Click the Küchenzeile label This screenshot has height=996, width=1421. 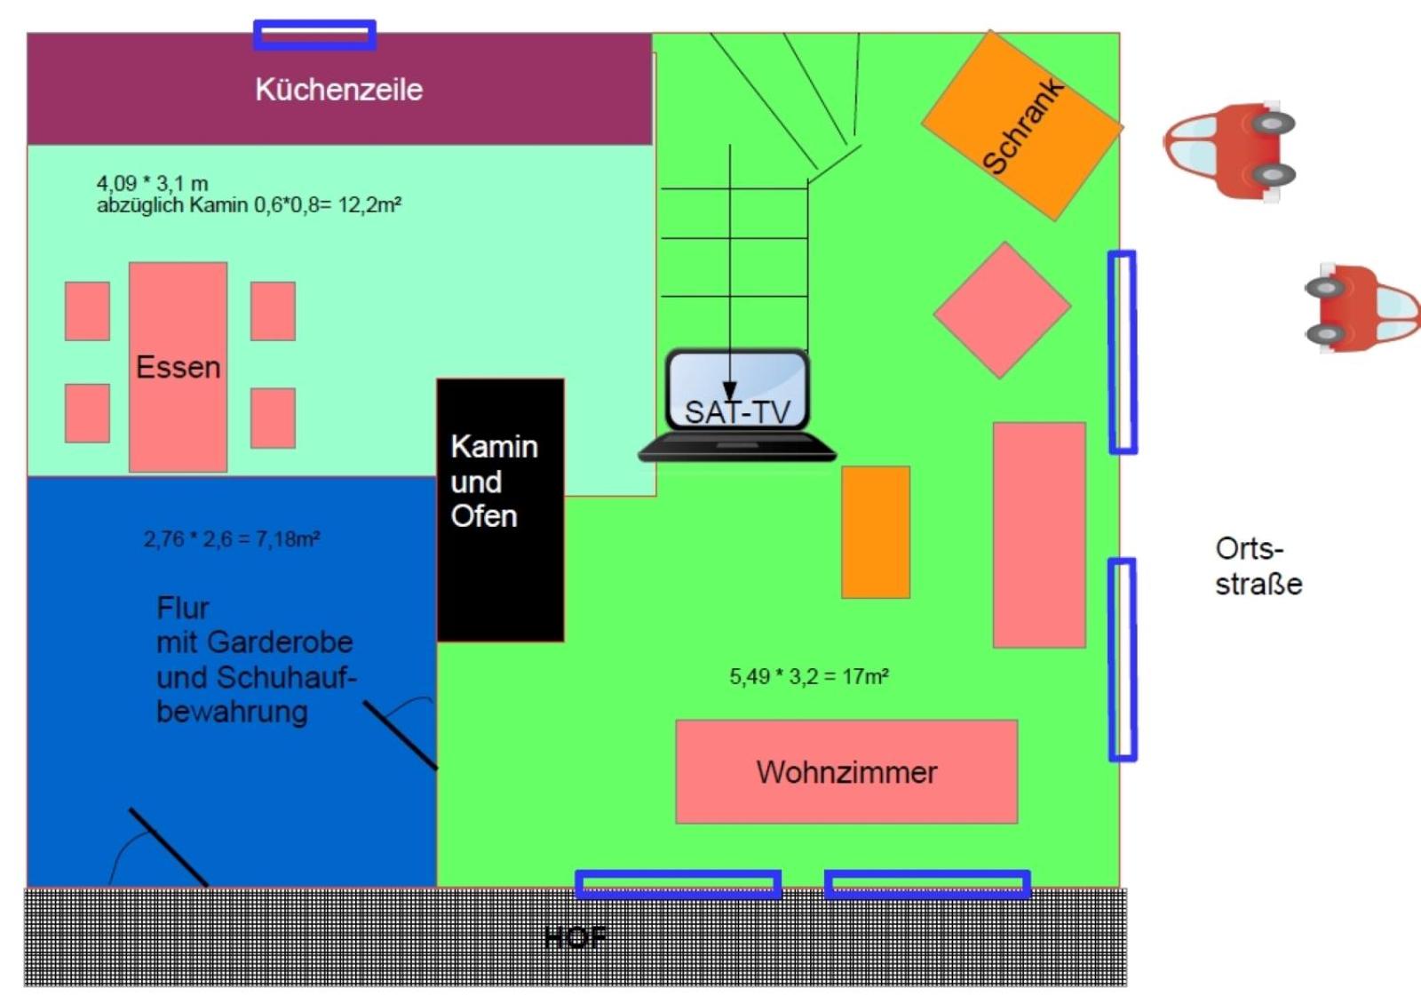338,89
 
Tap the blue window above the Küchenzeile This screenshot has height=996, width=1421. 314,35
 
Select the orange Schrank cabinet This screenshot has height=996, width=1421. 1021,125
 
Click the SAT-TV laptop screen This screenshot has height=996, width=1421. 737,391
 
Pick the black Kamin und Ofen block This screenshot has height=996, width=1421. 500,510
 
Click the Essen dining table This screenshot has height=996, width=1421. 178,367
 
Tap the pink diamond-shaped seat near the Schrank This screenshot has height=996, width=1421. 1002,309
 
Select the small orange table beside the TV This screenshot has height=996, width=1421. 876,531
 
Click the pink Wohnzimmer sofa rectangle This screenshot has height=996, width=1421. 845,771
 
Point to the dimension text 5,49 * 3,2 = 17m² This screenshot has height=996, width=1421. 809,676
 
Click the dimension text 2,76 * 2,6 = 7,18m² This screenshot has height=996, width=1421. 231,538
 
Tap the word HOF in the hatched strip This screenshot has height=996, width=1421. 576,936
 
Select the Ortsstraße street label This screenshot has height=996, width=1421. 1258,566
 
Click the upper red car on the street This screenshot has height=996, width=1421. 1230,149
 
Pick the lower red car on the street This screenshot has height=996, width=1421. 1361,307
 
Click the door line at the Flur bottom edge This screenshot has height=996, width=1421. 168,847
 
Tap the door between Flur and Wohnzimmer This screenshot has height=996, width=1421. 400,735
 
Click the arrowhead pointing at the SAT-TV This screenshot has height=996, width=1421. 729,391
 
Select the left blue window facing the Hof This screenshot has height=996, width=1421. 678,884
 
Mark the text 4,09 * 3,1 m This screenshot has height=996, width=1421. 152,183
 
